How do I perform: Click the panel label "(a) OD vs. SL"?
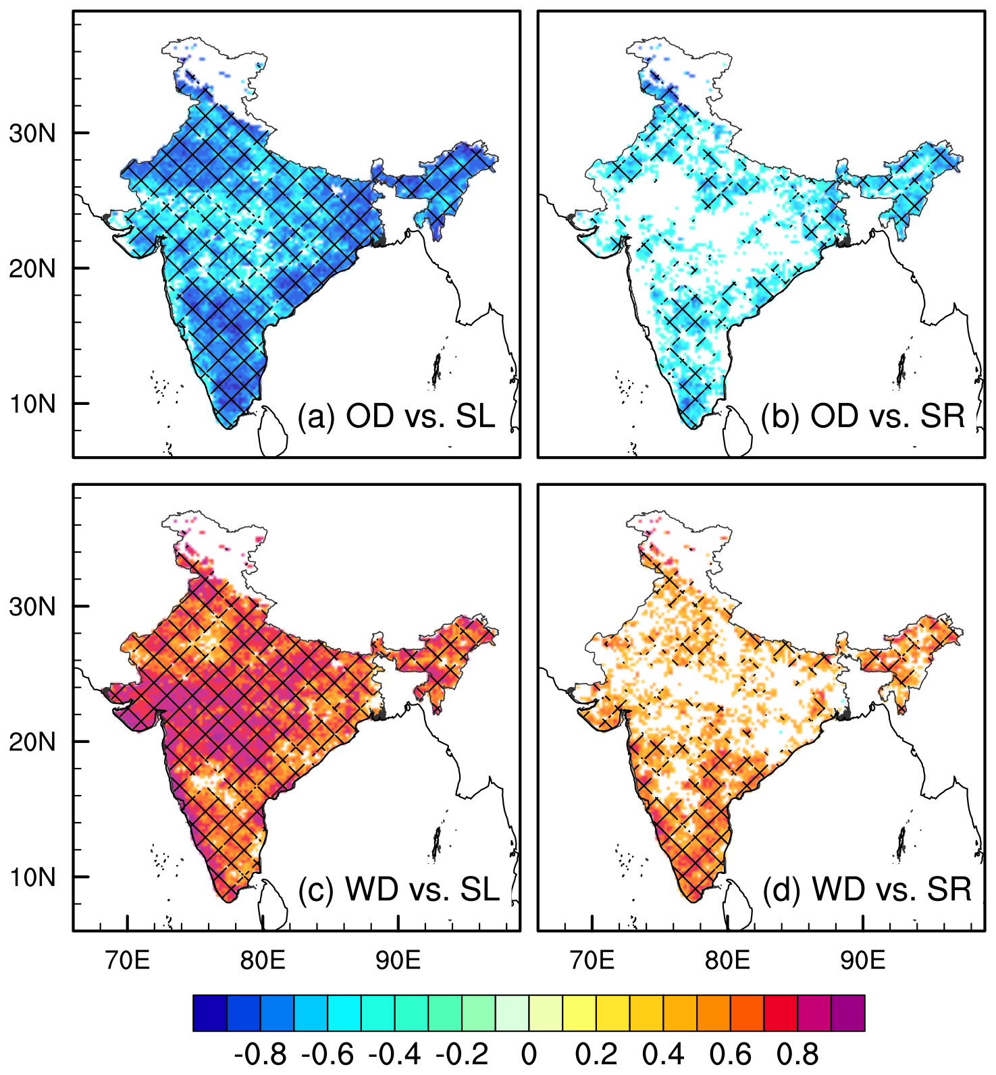tap(396, 416)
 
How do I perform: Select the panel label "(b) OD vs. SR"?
tap(863, 416)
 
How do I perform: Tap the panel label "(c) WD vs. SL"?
tap(398, 889)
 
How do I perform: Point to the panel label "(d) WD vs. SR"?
tap(867, 889)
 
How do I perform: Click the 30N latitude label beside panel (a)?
tap(32, 134)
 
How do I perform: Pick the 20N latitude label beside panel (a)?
tap(32, 269)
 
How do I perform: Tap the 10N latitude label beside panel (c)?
tap(32, 877)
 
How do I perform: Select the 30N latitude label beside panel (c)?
tap(32, 607)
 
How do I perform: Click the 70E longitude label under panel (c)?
tap(128, 960)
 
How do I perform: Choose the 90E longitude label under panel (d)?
tap(863, 960)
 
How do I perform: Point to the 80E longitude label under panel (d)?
tap(727, 960)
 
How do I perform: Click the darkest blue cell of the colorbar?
tap(210, 1013)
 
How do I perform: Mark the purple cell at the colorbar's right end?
tap(848, 1013)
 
